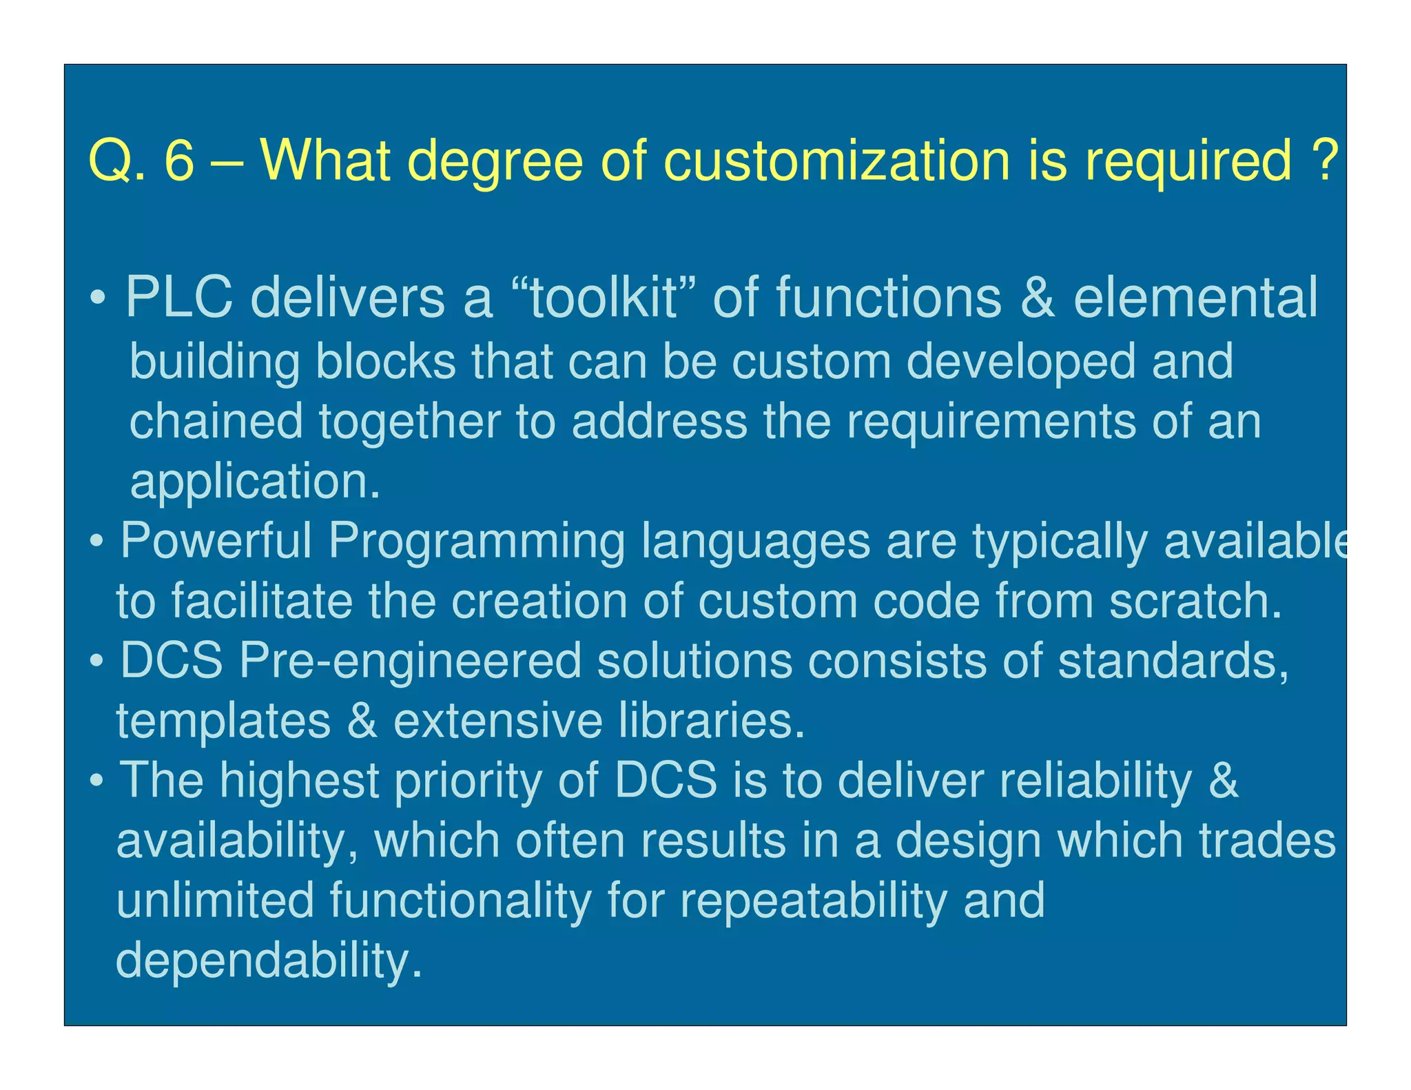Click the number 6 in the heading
pyautogui.click(x=179, y=160)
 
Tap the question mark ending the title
pyautogui.click(x=1325, y=160)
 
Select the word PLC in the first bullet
pyautogui.click(x=179, y=298)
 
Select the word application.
pyautogui.click(x=255, y=482)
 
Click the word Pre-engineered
pyautogui.click(x=411, y=661)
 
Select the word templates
pyautogui.click(x=223, y=721)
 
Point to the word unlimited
pyautogui.click(x=215, y=900)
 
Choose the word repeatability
pyautogui.click(x=814, y=901)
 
